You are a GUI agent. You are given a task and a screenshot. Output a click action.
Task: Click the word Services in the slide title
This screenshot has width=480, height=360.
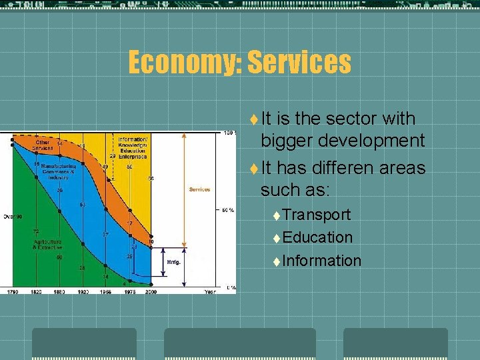[x=299, y=63]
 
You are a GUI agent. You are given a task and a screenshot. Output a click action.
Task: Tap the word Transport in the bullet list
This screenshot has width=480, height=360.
[x=317, y=215]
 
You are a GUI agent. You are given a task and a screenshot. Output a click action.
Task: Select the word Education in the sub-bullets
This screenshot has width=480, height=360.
[x=317, y=237]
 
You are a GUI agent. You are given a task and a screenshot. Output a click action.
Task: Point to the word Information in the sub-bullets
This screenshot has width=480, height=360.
[x=321, y=261]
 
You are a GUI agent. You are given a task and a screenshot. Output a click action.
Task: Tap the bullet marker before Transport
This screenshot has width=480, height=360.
[x=277, y=215]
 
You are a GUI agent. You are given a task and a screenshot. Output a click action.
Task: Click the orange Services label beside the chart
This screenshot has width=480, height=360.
[x=200, y=189]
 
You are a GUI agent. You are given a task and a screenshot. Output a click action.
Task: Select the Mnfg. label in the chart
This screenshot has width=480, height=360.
[x=173, y=262]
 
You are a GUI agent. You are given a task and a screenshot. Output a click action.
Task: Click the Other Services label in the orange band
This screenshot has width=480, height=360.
[x=43, y=144]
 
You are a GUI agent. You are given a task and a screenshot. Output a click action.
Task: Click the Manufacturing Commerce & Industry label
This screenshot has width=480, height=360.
[x=59, y=172]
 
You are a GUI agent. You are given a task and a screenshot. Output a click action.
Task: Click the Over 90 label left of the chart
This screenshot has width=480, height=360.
[x=12, y=216]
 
